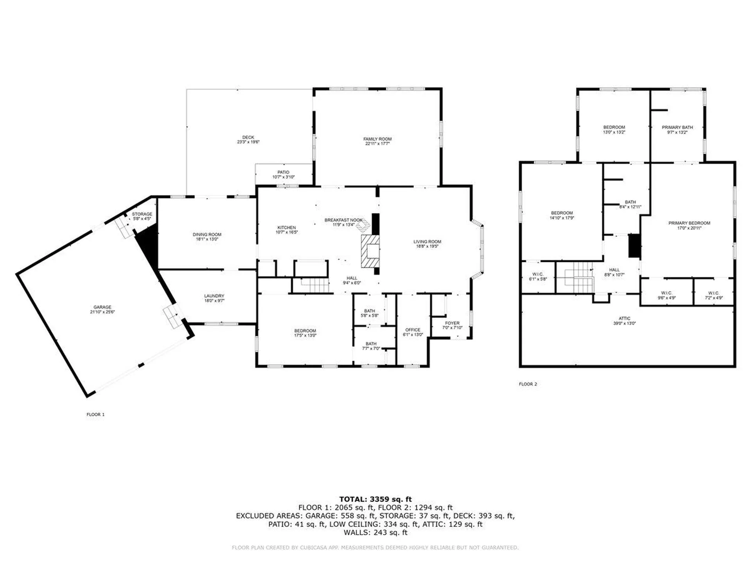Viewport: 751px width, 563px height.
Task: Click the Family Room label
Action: pos(377,139)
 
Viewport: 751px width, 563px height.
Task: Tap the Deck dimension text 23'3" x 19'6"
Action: pos(248,142)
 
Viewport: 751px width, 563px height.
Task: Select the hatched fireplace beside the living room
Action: pos(370,251)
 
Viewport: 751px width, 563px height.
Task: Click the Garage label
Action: pos(102,307)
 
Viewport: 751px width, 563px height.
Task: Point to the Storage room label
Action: pos(142,214)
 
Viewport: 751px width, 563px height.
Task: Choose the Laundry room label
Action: pos(214,296)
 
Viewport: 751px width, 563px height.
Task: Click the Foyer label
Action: pos(452,323)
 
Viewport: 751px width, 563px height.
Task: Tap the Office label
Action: pos(413,330)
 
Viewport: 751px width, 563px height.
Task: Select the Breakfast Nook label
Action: pos(343,220)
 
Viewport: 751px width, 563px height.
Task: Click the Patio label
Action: pos(283,172)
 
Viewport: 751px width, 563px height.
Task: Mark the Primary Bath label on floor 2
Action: pos(677,127)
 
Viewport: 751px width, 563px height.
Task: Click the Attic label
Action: pos(624,318)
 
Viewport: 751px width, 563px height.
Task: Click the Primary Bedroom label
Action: pos(689,223)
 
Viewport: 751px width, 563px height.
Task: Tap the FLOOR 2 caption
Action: pos(528,384)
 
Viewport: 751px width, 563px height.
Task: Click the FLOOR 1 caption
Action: pos(95,414)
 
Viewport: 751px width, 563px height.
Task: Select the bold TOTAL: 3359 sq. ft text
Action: pos(375,499)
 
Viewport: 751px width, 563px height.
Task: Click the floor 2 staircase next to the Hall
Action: pos(575,278)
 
